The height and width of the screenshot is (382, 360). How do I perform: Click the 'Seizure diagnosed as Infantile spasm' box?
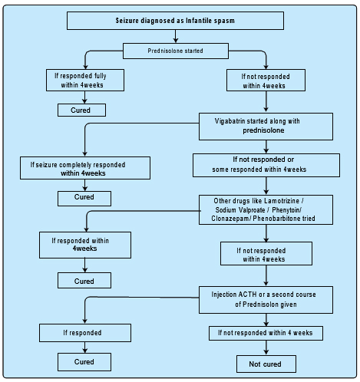pos(175,21)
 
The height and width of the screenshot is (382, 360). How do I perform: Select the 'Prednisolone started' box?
pos(176,51)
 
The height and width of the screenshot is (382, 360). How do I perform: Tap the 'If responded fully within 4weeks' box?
pos(85,80)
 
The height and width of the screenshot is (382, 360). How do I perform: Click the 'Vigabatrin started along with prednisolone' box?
pos(266,127)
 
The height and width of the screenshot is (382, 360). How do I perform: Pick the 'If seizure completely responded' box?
pos(85,168)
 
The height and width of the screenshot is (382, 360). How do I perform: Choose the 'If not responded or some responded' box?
pos(266,165)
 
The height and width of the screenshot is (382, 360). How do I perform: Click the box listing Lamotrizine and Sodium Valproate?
pos(266,209)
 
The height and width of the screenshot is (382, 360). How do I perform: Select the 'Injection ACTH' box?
pos(266,300)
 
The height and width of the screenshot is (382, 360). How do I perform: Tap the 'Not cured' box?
pos(266,364)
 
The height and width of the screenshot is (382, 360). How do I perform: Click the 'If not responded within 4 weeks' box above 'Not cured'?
pos(266,333)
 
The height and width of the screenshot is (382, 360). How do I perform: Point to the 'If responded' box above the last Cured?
pos(85,333)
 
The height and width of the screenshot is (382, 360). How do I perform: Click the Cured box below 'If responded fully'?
pos(81,110)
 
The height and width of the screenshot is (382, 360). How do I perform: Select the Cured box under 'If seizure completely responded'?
pos(84,199)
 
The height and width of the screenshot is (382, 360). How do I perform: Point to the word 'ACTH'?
pos(247,295)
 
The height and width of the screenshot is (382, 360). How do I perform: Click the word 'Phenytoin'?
pos(286,210)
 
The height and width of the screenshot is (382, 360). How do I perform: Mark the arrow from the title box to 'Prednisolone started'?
pos(176,36)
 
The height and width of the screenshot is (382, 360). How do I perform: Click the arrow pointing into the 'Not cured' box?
pos(266,347)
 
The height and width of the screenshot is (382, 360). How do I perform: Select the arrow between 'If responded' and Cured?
pos(85,347)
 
